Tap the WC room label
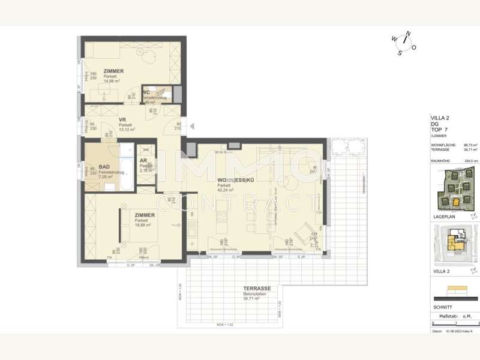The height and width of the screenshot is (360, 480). (146, 92)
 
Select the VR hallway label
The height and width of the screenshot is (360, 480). (122, 119)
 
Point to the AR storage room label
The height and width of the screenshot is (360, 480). (143, 161)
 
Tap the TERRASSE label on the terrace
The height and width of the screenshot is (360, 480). (257, 289)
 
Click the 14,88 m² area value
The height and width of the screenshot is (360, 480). (112, 81)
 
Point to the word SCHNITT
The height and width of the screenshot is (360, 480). (443, 306)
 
